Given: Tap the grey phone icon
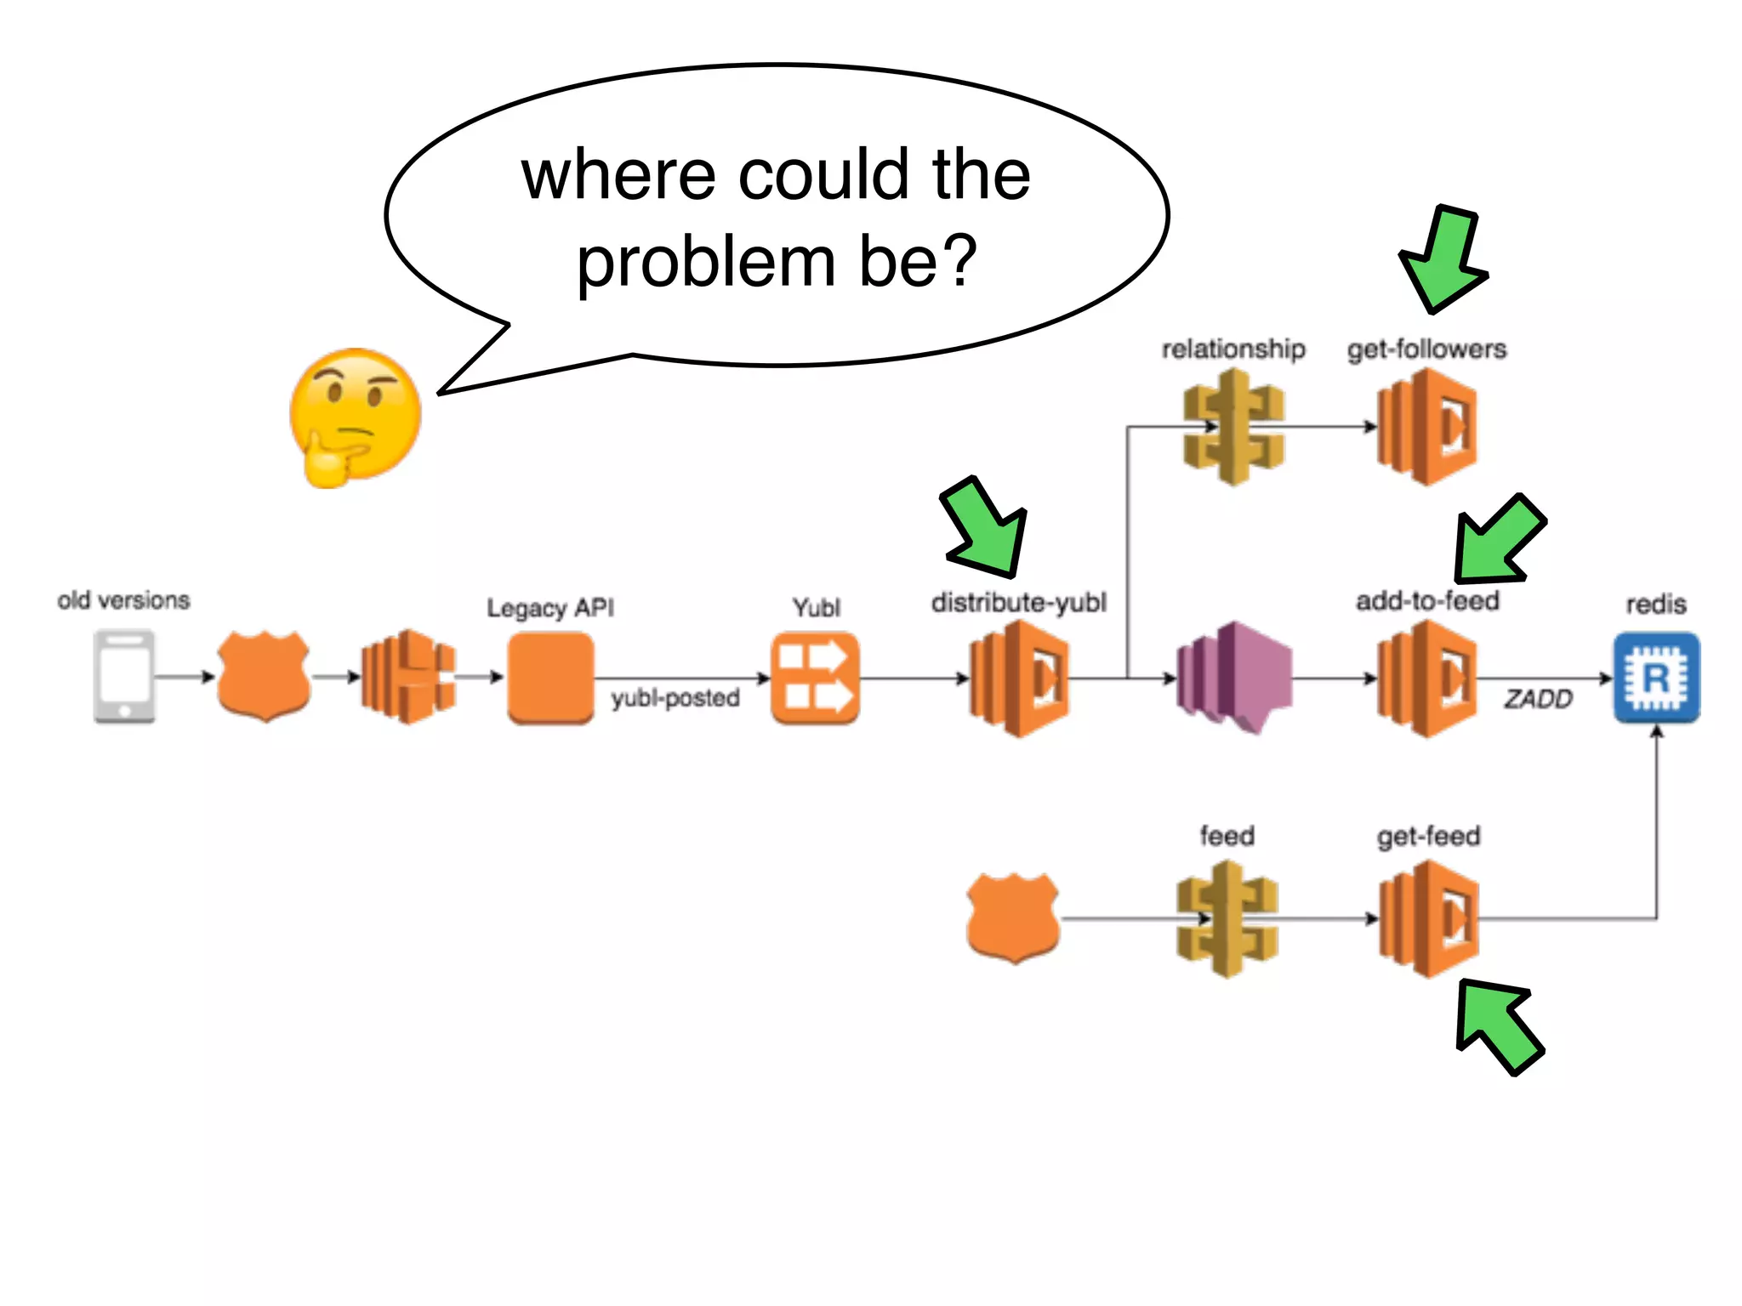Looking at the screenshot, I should [124, 676].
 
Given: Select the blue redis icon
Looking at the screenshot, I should [1656, 678].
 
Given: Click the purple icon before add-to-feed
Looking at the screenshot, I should [1234, 678].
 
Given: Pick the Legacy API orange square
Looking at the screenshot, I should [550, 678].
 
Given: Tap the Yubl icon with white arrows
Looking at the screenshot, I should [815, 678].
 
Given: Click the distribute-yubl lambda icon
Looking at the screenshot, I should [1019, 678].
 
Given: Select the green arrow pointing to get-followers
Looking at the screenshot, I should [1444, 259].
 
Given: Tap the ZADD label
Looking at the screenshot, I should [1538, 700].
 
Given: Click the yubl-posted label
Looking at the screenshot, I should [675, 698].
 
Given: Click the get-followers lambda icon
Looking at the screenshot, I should [1427, 428].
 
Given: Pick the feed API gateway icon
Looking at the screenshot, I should [1227, 919].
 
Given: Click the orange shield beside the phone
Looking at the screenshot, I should [264, 676].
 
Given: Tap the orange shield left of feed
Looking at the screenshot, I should [1013, 917].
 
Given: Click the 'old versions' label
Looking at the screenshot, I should [124, 600].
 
